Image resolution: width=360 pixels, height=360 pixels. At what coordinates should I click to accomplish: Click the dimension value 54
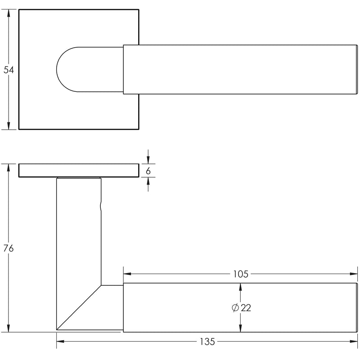[x=9, y=70]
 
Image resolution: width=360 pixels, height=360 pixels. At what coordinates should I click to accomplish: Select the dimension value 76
[x=8, y=248]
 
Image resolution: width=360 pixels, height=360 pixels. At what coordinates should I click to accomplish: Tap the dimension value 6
[x=148, y=171]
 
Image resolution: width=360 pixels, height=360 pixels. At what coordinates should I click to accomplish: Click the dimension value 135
[x=207, y=342]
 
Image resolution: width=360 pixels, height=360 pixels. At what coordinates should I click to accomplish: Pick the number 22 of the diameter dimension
[x=246, y=308]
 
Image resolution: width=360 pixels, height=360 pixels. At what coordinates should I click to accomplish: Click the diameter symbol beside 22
[x=235, y=308]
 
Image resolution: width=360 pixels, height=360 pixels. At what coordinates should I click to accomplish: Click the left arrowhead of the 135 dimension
[x=60, y=342]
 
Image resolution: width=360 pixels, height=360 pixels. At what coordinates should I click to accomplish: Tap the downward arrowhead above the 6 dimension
[x=148, y=160]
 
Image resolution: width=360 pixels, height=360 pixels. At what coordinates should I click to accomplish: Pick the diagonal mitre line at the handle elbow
[x=79, y=307]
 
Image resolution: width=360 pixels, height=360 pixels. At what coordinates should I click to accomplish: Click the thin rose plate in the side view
[x=79, y=171]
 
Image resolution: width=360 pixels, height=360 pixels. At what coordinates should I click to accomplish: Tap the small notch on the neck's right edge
[x=101, y=207]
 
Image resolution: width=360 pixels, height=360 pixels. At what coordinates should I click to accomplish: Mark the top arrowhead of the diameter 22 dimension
[x=240, y=288]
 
